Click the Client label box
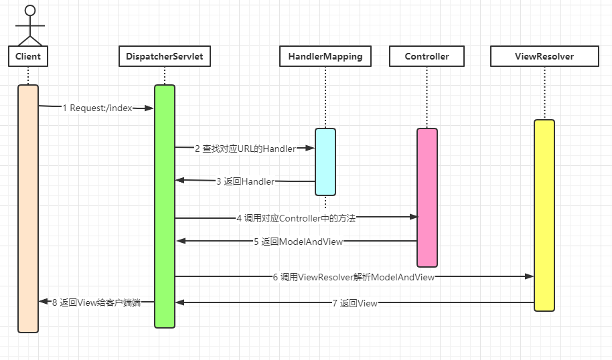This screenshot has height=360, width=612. pos(28,56)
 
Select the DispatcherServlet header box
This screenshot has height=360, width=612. pos(164,56)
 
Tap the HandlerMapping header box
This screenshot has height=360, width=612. pos(325,56)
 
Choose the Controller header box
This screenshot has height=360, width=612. pos(427,56)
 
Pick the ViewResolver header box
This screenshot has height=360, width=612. pos(544,56)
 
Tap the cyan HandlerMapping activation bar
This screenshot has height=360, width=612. pos(325,161)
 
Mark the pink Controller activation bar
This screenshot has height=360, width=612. pos(427,197)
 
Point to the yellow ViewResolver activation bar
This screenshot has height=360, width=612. pos(544,215)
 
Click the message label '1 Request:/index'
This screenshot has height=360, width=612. pos(97,108)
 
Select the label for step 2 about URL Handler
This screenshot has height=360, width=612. pos(245,149)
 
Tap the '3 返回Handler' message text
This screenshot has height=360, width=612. pos(245,181)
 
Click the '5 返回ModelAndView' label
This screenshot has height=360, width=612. pos(298,242)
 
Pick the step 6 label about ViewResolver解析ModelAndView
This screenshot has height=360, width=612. pos(354,276)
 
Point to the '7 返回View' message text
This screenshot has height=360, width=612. pos(354,303)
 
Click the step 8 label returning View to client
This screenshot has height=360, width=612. pos(96,302)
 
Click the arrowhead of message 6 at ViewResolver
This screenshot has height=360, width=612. pos(529,276)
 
